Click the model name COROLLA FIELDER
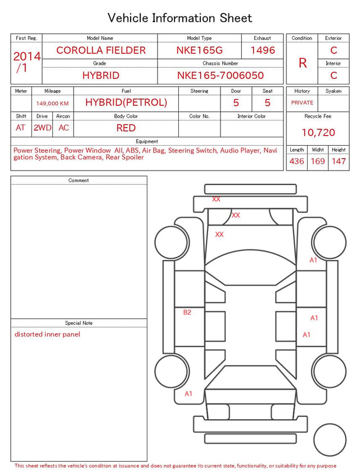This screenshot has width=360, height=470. (x=101, y=50)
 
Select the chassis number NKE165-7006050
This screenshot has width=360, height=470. (x=220, y=75)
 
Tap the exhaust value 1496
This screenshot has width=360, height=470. (x=263, y=50)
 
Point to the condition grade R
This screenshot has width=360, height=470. (x=303, y=63)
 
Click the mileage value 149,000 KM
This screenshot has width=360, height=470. (x=52, y=104)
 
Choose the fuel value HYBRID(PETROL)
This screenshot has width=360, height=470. (x=126, y=102)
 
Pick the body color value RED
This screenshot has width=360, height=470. (x=126, y=128)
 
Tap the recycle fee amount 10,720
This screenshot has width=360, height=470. (x=318, y=132)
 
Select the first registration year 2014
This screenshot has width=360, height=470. (x=27, y=56)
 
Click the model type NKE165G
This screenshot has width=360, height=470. (x=200, y=50)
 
